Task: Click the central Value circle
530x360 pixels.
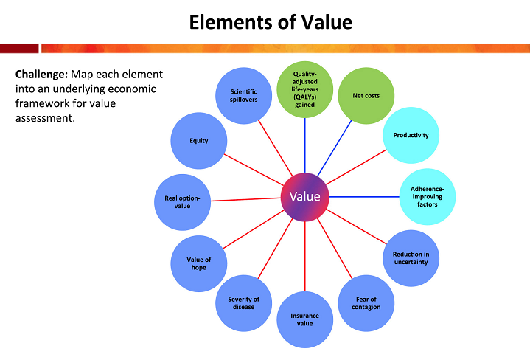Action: click(305, 197)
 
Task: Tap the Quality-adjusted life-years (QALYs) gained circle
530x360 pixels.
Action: click(304, 89)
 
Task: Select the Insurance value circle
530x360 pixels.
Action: click(304, 319)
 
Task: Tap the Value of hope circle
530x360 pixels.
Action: click(198, 263)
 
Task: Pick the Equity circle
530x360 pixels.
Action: click(198, 140)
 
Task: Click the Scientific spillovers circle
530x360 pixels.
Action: click(243, 95)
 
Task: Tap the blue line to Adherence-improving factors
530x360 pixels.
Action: click(365, 196)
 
